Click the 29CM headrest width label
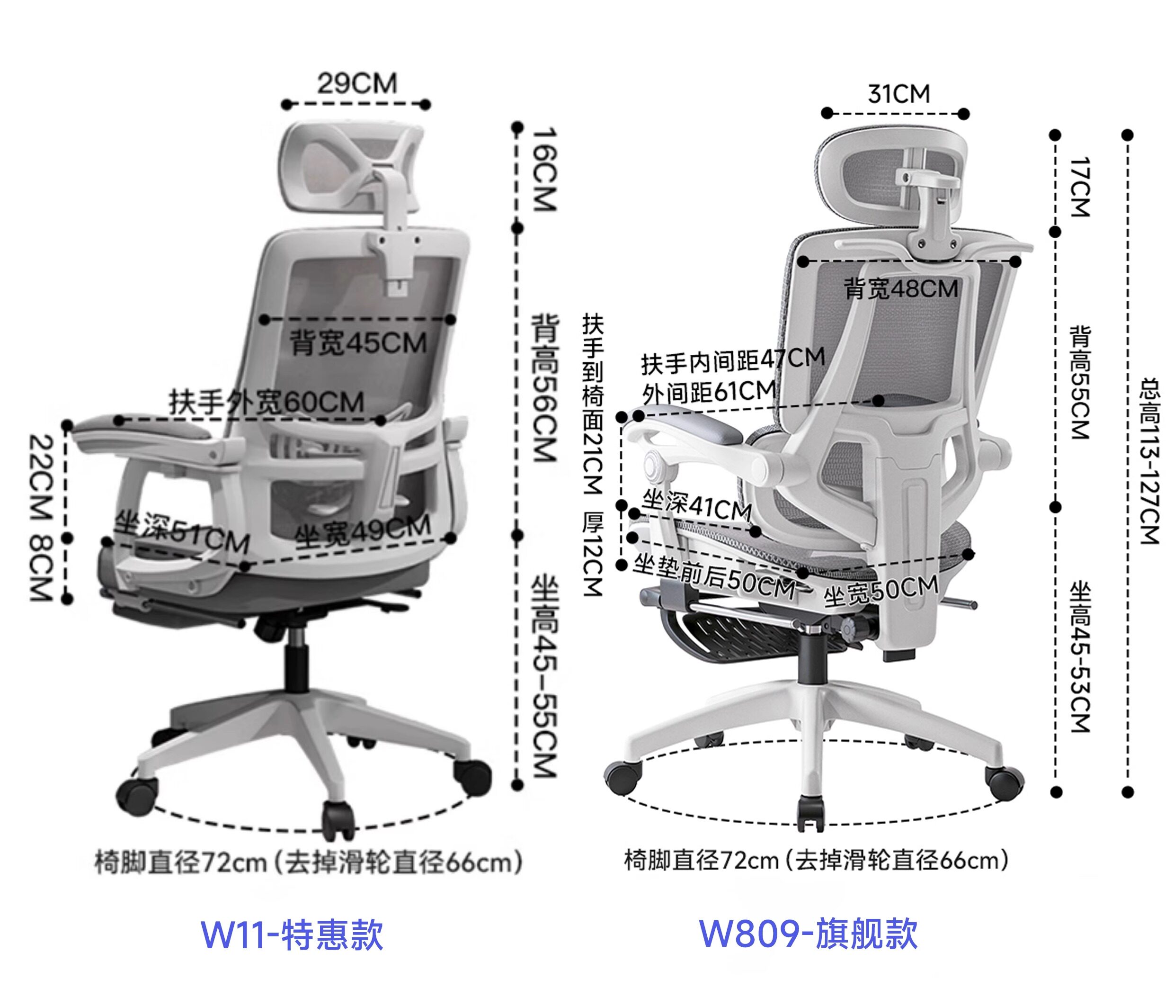356,83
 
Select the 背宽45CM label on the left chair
358,343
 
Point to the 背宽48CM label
901,289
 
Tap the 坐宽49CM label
363,531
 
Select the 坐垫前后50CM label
714,577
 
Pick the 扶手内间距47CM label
733,360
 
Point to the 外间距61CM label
708,392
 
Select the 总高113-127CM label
1150,461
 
